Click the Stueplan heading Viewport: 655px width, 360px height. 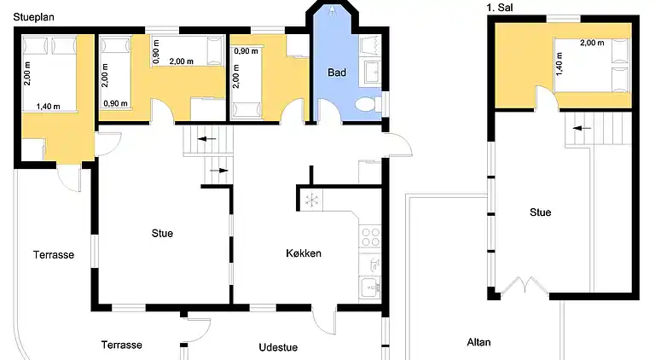[34, 18]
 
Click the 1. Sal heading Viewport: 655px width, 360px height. [500, 8]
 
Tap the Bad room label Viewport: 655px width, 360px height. [337, 73]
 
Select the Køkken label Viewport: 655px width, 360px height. [304, 253]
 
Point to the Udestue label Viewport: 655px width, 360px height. [278, 347]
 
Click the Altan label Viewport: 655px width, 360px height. [478, 342]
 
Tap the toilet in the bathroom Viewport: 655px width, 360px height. [368, 104]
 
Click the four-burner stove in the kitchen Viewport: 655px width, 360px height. [370, 237]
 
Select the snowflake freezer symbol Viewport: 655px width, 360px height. [311, 200]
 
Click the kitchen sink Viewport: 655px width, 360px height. [370, 287]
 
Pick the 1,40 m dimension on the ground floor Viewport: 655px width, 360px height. [48, 107]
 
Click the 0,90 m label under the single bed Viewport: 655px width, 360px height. [116, 103]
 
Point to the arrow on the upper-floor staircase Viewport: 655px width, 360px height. [582, 128]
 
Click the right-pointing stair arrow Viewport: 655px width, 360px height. [218, 171]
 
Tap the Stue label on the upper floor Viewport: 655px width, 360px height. [540, 212]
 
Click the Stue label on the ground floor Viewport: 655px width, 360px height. [162, 233]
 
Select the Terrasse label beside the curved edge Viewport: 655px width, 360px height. [54, 255]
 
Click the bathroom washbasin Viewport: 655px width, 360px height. [371, 72]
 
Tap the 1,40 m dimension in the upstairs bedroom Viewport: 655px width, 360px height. [559, 64]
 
